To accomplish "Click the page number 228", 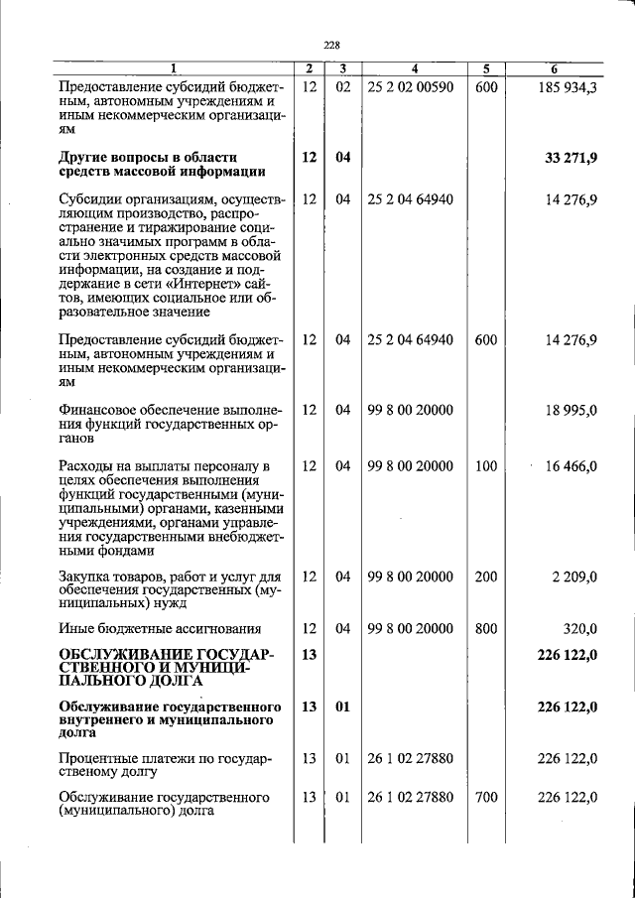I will (x=332, y=44).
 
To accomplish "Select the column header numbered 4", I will (x=415, y=68).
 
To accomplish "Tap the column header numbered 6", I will (x=555, y=68).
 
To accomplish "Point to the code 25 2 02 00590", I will (x=410, y=87).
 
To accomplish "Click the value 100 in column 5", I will (x=485, y=466).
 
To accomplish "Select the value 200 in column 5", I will (x=485, y=576).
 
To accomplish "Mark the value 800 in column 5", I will (x=485, y=628).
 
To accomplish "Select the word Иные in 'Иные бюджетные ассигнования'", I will (x=75, y=628).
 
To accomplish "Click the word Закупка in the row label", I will (x=86, y=576).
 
